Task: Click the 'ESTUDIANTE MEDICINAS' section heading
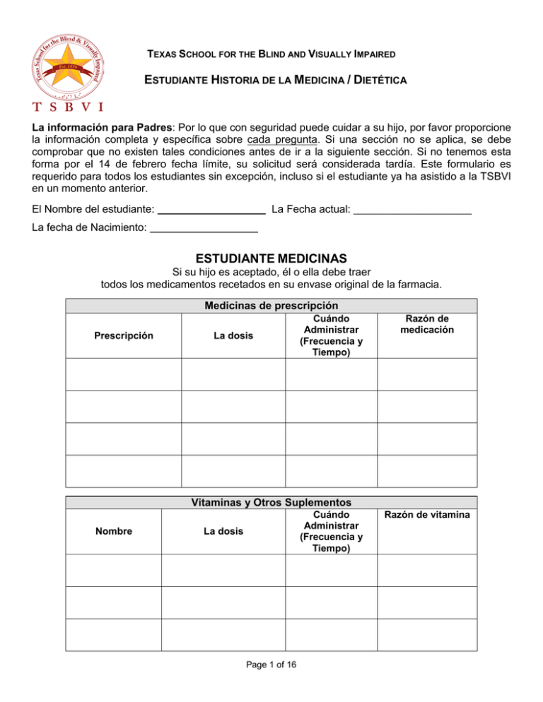[271, 259]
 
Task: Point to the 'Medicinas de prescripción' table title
[271, 306]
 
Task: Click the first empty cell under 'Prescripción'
[124, 374]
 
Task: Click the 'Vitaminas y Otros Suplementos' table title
[271, 502]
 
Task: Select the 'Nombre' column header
[114, 532]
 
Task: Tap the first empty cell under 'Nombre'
[114, 571]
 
